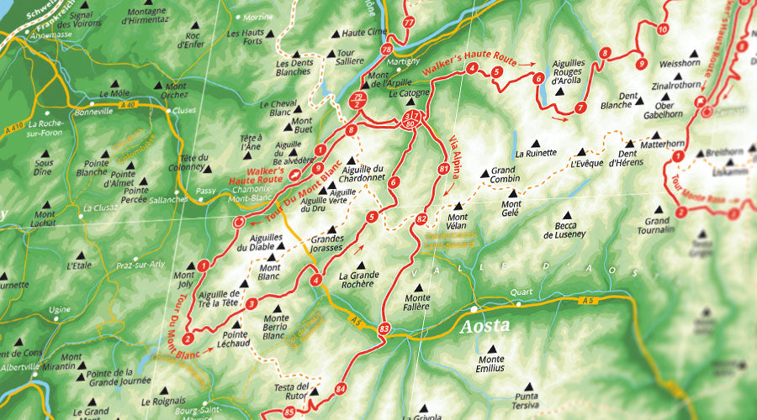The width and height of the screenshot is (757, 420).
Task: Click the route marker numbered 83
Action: click(x=384, y=328)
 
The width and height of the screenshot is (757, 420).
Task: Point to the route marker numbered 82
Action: click(x=421, y=219)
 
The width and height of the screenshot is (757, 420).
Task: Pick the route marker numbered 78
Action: click(x=387, y=50)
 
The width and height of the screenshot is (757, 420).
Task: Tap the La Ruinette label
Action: click(x=536, y=154)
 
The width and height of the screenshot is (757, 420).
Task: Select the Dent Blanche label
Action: click(x=621, y=100)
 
